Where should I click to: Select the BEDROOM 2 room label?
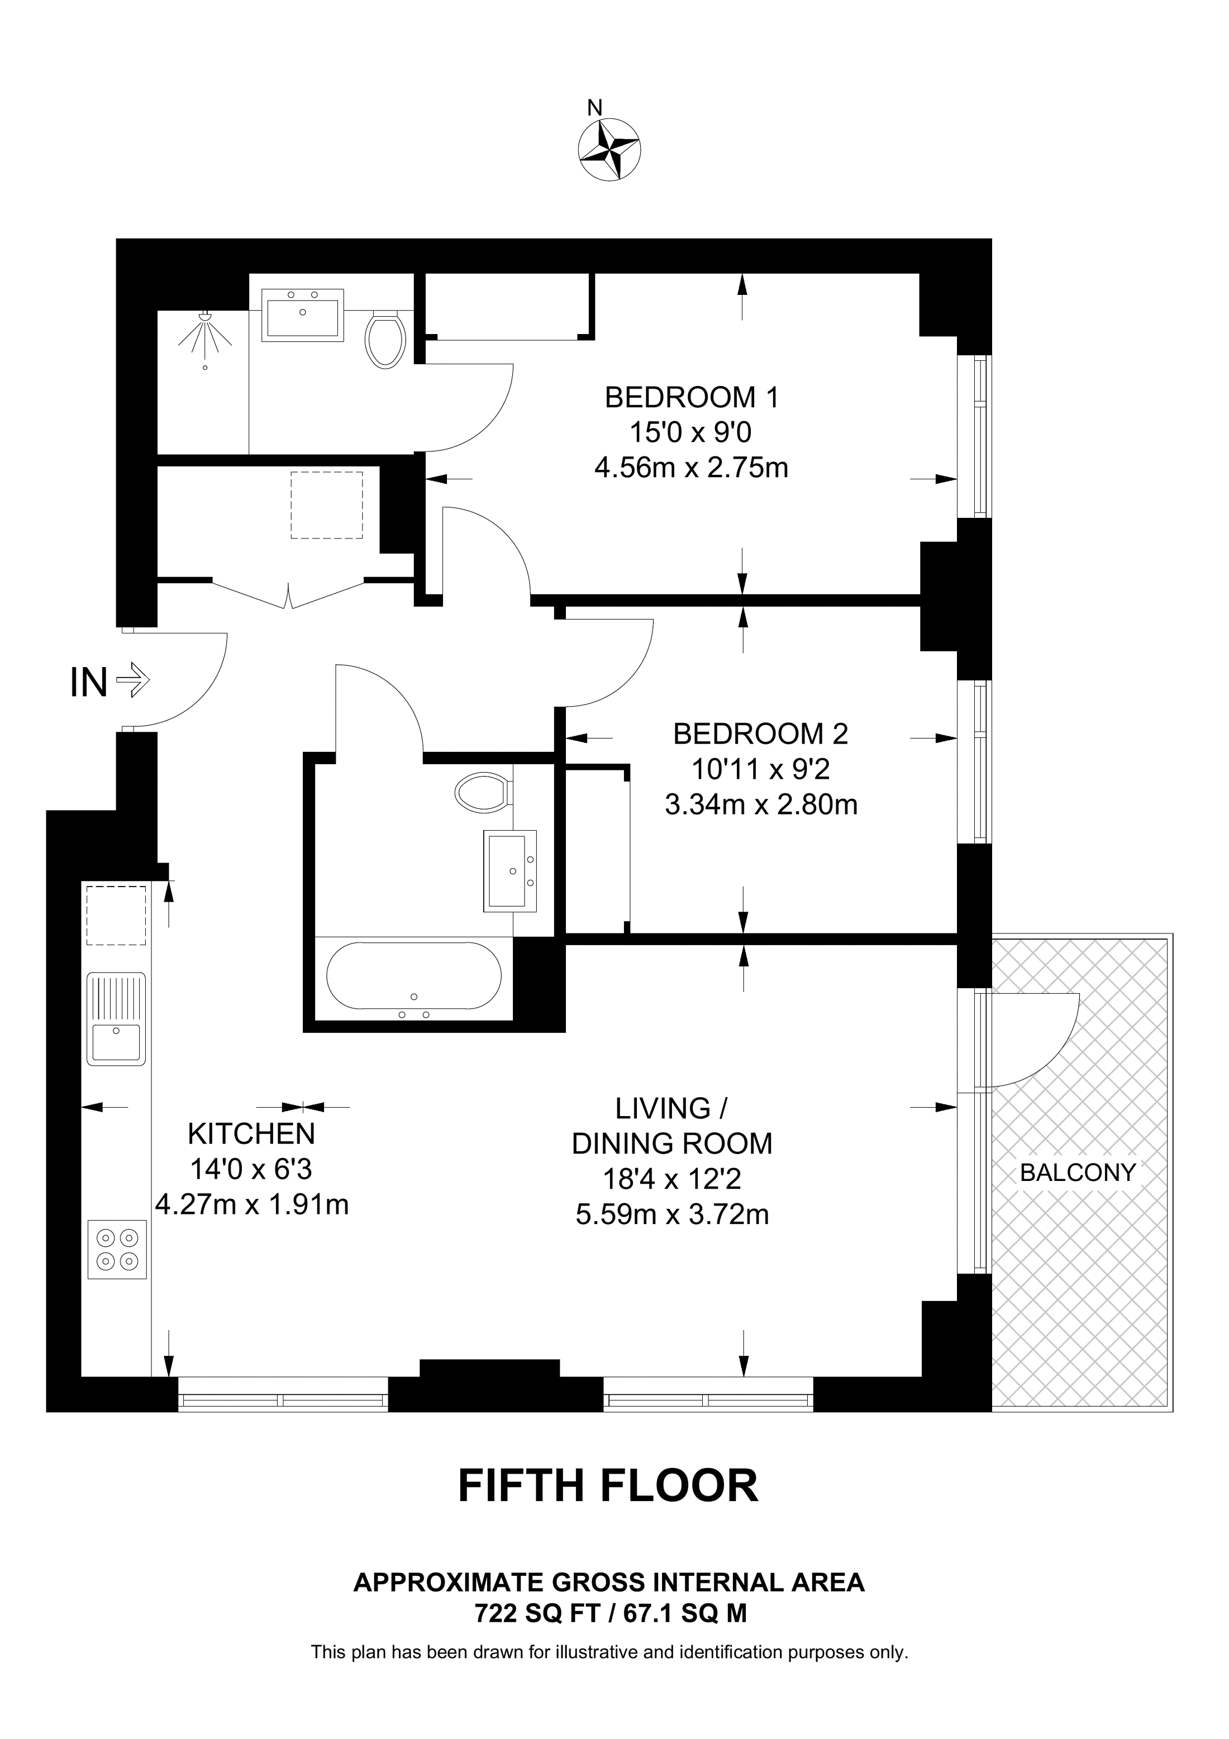tap(760, 734)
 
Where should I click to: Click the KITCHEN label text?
tap(251, 1134)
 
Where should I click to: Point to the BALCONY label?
tap(1078, 1173)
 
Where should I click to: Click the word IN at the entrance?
tap(89, 683)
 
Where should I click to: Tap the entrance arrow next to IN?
tap(132, 680)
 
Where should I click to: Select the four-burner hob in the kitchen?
tap(117, 1249)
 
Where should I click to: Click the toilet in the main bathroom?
tap(484, 792)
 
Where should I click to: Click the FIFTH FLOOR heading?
tap(608, 1485)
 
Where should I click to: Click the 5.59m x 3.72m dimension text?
tap(673, 1214)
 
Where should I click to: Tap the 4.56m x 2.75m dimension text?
tap(692, 468)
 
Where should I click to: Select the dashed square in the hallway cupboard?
tap(327, 504)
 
